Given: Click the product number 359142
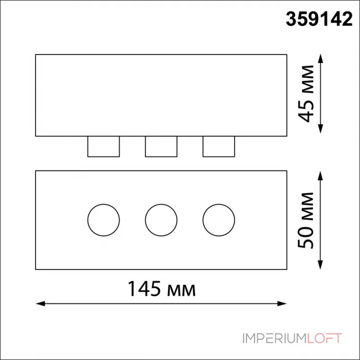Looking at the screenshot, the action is click(x=319, y=19).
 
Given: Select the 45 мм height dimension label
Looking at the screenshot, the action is click(x=306, y=94).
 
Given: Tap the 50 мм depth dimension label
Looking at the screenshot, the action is click(x=306, y=220).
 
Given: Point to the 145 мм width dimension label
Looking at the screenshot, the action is click(x=162, y=289).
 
